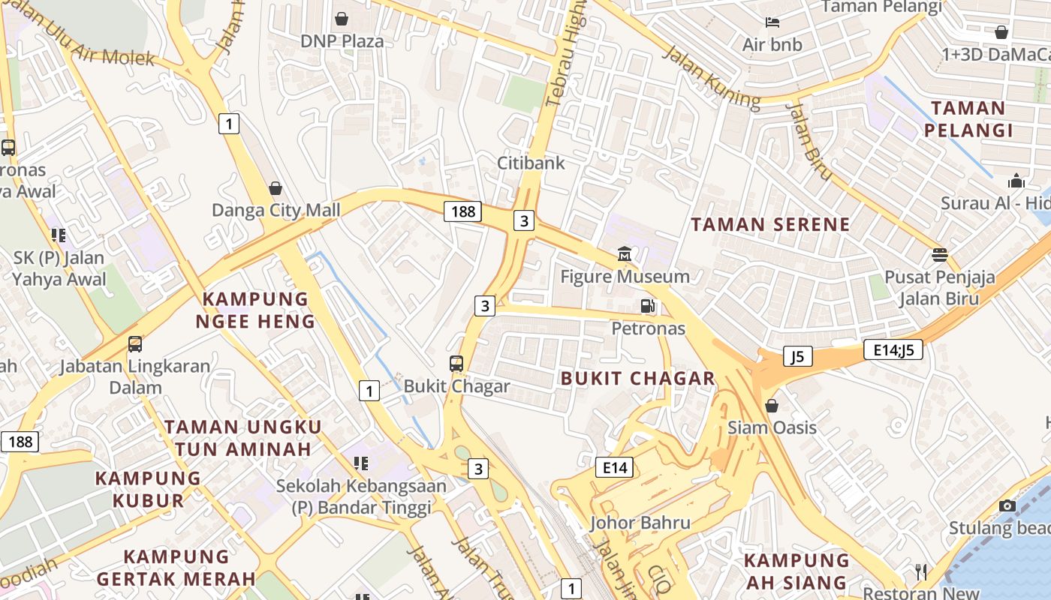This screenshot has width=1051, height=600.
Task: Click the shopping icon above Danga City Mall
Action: [x=276, y=187]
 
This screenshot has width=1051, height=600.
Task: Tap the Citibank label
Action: [x=531, y=163]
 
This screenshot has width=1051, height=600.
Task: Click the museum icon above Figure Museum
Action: [x=625, y=254]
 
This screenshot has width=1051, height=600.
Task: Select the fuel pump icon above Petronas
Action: [x=647, y=305]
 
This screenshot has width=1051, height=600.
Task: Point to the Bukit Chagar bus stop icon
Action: [x=456, y=364]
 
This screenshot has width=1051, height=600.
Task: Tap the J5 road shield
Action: [x=798, y=356]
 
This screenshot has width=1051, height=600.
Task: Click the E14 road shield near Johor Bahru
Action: [x=614, y=468]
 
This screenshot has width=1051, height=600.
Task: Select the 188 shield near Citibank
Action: [x=462, y=211]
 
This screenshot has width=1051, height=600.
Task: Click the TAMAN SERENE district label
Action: [x=770, y=224]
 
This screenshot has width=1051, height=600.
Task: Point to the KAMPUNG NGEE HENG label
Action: [x=255, y=310]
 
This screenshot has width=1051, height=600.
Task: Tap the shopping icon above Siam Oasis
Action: [x=772, y=406]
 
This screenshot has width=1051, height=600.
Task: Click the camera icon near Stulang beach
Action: [x=1007, y=505]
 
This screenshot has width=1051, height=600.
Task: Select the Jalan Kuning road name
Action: [x=711, y=75]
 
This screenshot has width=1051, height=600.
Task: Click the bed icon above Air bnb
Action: [x=772, y=22]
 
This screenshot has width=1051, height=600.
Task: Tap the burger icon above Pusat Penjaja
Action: [x=939, y=254]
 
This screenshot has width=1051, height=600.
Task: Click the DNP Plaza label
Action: [x=342, y=40]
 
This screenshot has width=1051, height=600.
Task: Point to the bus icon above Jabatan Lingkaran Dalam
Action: [x=135, y=344]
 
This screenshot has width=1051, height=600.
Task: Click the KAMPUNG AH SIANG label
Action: [x=797, y=571]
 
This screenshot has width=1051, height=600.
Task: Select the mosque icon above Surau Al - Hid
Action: [x=1016, y=181]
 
